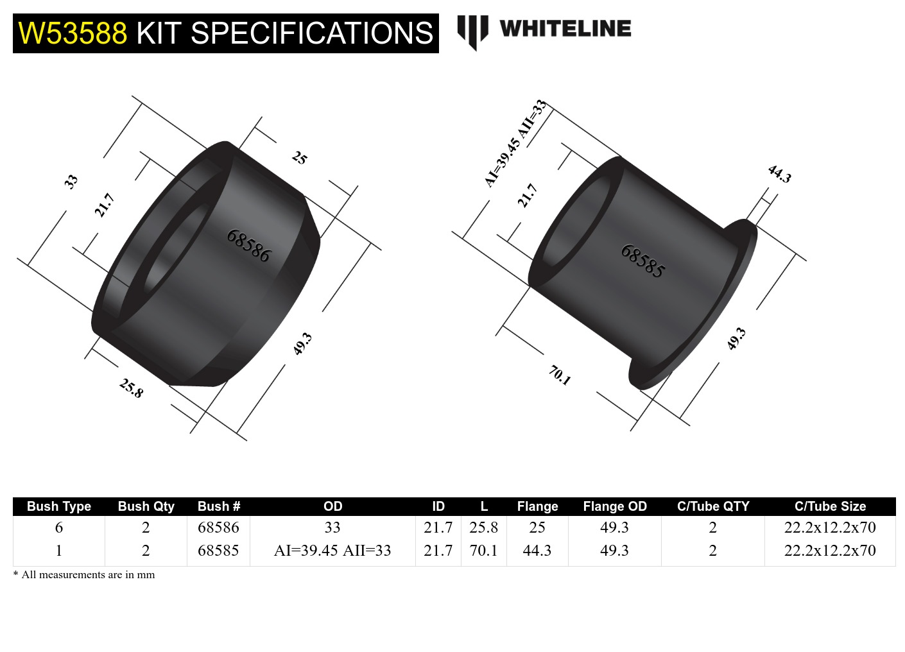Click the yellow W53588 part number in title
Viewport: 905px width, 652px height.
click(73, 33)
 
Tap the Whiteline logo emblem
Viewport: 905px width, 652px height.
click(472, 31)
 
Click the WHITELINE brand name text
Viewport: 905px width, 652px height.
click(565, 29)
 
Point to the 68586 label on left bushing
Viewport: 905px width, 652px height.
click(248, 246)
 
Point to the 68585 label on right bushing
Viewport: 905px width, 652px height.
click(642, 261)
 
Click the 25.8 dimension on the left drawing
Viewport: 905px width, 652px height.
click(131, 388)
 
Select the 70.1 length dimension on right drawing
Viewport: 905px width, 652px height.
click(559, 375)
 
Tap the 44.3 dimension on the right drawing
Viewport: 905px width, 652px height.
click(779, 174)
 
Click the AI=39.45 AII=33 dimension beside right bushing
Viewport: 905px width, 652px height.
click(515, 144)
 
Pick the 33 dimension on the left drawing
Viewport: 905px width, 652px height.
click(71, 181)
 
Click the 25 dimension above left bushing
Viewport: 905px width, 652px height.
click(300, 157)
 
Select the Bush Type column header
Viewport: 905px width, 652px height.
click(59, 506)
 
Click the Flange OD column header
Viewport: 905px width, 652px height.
click(614, 506)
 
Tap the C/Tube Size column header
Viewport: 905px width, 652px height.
click(829, 506)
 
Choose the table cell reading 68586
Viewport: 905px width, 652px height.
click(218, 528)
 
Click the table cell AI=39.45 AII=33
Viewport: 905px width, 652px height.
click(332, 551)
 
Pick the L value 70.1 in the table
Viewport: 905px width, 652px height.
click(483, 551)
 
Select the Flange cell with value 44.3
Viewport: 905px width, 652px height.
click(537, 551)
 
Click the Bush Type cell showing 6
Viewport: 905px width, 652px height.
click(59, 528)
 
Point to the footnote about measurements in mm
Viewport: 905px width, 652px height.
click(84, 574)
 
